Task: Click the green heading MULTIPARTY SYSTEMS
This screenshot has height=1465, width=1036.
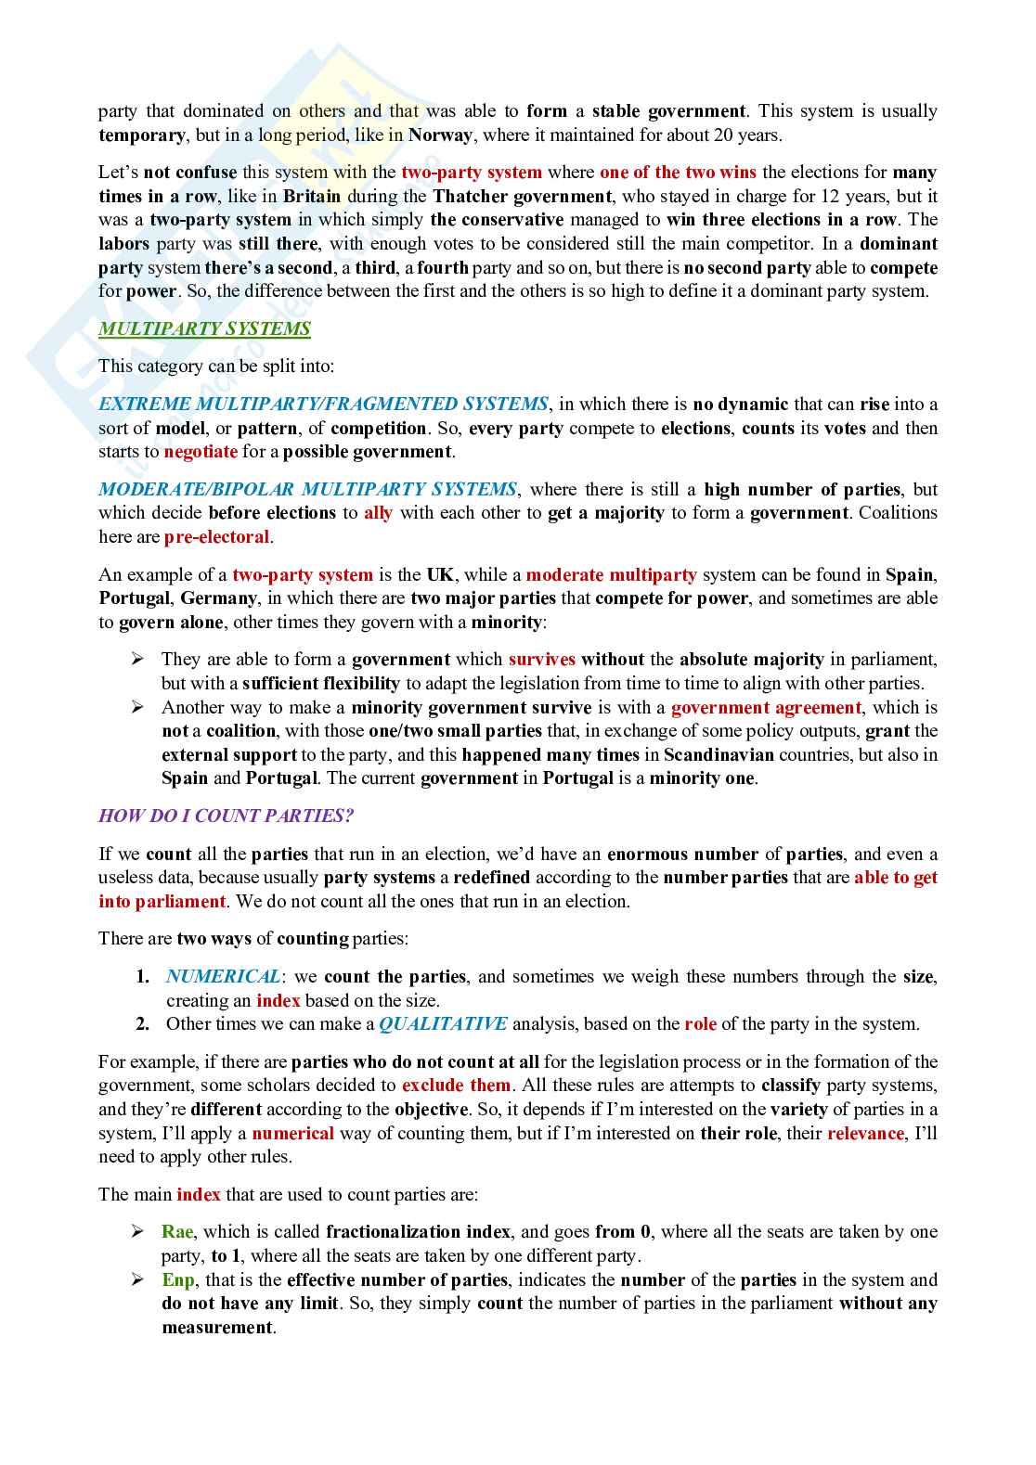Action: coord(204,328)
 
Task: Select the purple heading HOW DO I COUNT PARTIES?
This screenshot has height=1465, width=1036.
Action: coord(226,816)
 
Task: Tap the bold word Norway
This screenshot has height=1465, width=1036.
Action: coord(440,135)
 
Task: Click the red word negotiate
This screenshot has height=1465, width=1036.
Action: coord(201,452)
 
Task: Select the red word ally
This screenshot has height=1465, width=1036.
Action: coord(378,513)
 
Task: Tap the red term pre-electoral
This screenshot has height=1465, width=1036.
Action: coord(216,537)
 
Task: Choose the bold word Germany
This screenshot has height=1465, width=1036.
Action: coord(218,598)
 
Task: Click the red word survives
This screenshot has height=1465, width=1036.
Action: coord(542,660)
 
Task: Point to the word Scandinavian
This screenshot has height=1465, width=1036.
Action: coord(719,754)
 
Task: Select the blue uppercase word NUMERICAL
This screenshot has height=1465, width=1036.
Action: coord(223,976)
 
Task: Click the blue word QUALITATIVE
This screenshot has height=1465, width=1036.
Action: coord(443,1024)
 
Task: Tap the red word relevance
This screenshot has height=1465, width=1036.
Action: coord(865,1133)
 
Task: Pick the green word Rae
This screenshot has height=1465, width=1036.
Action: coord(177,1232)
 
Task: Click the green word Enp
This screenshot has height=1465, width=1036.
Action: coord(178,1280)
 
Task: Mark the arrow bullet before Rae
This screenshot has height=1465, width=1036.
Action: coord(137,1231)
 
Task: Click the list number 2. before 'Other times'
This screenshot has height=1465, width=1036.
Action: coord(143,1024)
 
